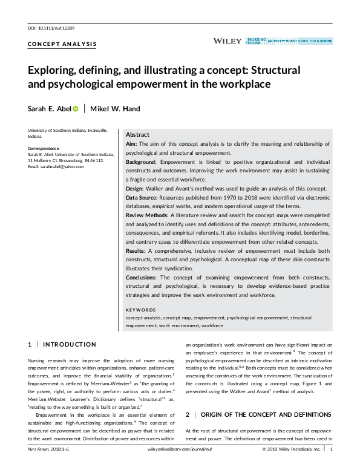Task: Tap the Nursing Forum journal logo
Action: tap(289, 41)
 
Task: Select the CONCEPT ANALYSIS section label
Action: tap(62, 45)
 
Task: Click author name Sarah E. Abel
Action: tap(50, 109)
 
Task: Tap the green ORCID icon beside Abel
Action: tap(76, 109)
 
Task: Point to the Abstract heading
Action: tap(137, 134)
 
